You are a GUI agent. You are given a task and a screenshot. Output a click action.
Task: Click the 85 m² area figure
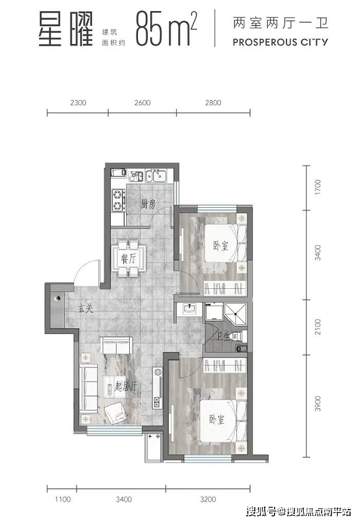[166, 28]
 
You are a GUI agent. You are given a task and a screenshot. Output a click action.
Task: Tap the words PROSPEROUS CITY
[280, 42]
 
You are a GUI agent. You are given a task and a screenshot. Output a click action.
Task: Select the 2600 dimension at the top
[142, 103]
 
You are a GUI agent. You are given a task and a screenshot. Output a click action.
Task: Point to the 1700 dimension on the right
[318, 187]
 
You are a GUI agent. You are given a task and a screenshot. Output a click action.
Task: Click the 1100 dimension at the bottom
[63, 499]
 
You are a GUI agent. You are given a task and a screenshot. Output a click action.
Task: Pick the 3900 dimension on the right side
[318, 403]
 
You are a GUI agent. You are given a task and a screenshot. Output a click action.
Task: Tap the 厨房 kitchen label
[148, 203]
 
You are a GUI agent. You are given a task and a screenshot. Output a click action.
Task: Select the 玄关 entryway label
[85, 309]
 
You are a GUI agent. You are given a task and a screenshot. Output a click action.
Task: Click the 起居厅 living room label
[126, 387]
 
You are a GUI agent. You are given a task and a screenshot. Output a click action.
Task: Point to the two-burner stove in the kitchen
[118, 200]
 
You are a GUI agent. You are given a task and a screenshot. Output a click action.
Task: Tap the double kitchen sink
[156, 176]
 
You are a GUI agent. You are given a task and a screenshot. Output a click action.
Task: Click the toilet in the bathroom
[241, 336]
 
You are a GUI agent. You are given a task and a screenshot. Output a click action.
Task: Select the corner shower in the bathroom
[236, 313]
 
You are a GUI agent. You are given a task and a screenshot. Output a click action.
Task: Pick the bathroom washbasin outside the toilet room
[189, 310]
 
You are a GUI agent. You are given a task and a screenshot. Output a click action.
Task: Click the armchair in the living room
[116, 413]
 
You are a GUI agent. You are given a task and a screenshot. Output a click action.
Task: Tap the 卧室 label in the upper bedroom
[221, 246]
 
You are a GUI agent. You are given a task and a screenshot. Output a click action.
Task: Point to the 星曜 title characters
[66, 29]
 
